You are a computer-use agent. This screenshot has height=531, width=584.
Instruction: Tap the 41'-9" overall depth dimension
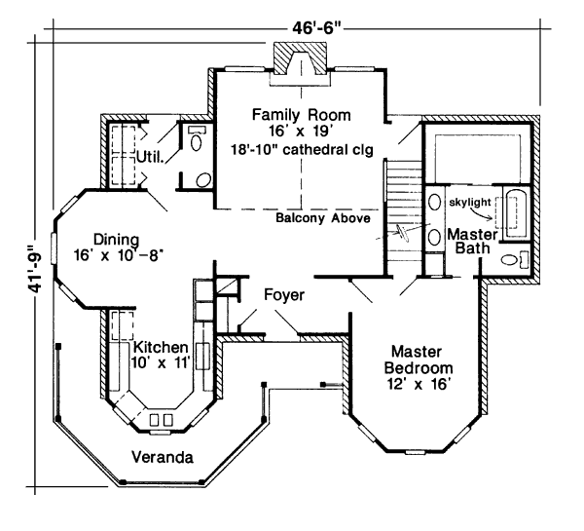coord(35,268)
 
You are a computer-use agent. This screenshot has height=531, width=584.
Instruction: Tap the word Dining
coord(116,239)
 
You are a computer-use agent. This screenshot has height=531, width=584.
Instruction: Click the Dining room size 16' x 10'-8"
coord(118,256)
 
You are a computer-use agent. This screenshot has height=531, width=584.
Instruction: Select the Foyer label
coord(284,293)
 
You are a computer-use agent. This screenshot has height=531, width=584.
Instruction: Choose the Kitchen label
coord(161,347)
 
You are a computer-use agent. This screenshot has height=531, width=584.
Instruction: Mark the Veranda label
coord(161,456)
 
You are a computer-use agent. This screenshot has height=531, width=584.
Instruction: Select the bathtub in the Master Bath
coord(512,211)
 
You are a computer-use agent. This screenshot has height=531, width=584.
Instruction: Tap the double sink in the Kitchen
coord(162,420)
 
